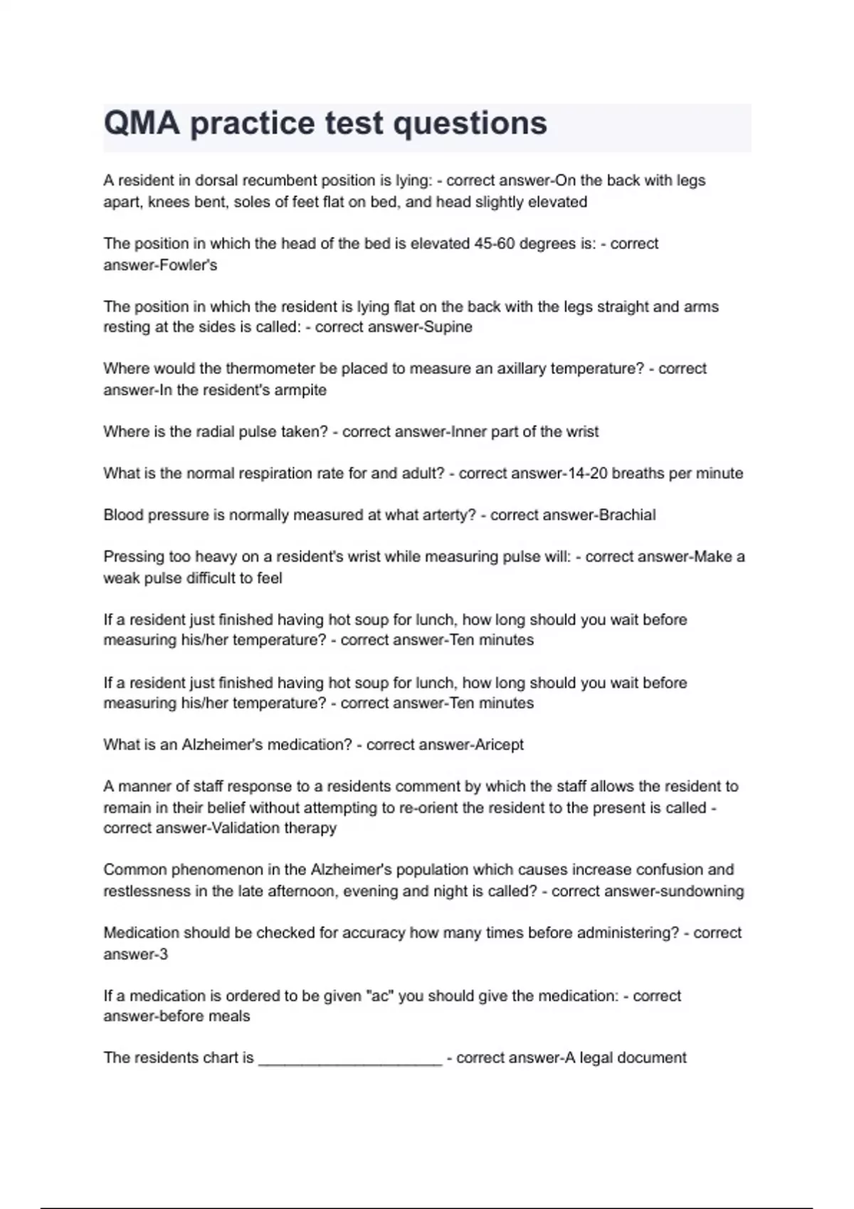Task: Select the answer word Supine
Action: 448,327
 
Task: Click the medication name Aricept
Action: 499,745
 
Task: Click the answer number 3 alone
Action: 164,954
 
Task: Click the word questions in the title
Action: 470,123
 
